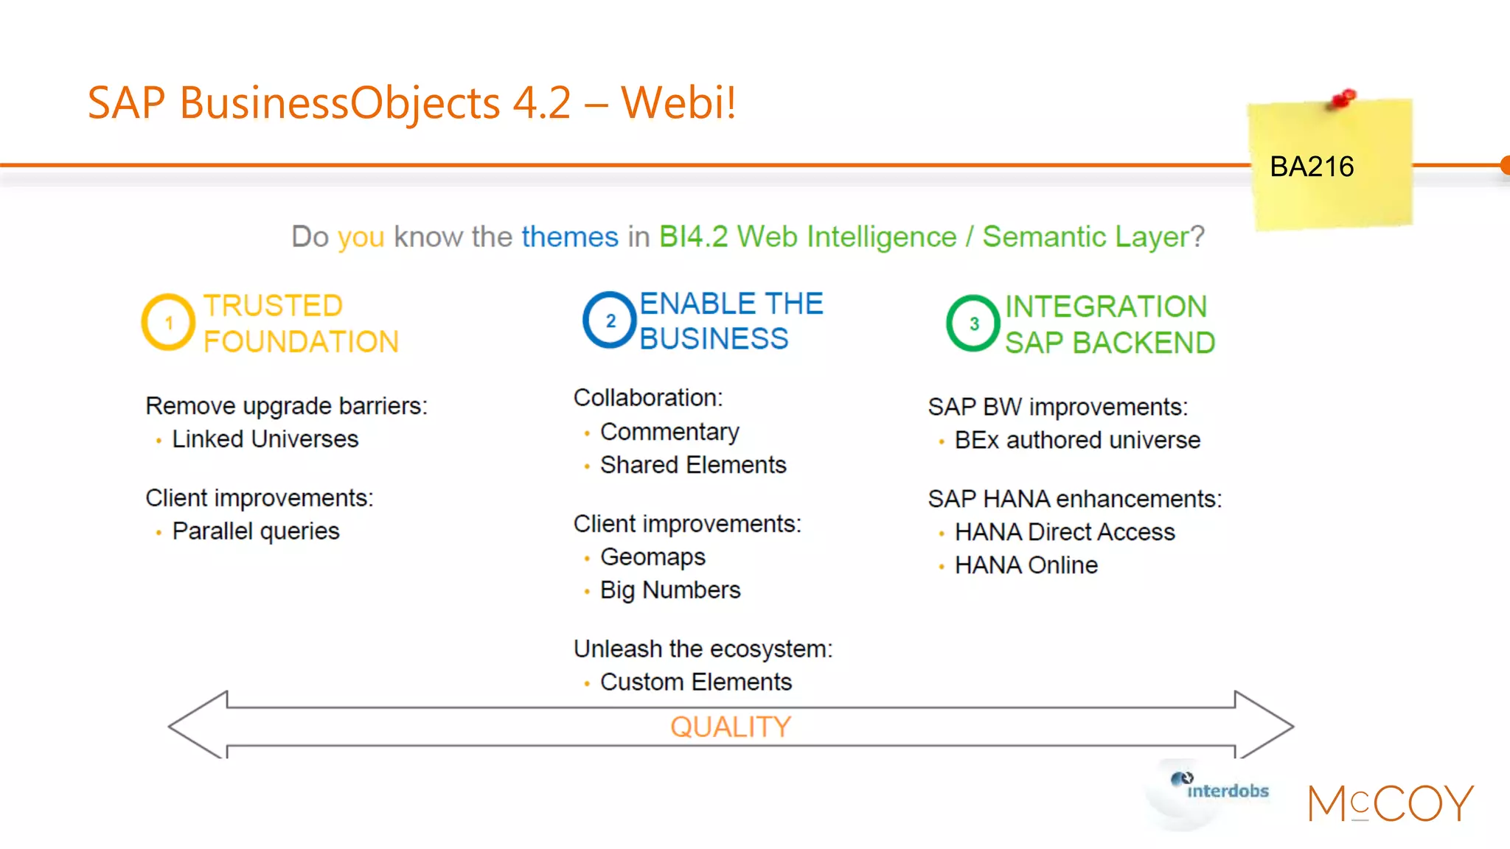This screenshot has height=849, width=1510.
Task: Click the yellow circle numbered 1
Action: click(x=168, y=322)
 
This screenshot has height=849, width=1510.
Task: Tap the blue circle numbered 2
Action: click(x=610, y=321)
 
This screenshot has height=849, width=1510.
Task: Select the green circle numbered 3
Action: click(x=973, y=324)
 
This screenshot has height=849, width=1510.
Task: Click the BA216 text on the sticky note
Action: click(x=1312, y=167)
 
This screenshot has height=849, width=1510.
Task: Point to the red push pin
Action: click(x=1343, y=99)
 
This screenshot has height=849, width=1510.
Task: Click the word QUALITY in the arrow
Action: click(x=731, y=727)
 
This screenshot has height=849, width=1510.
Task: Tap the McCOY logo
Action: click(x=1390, y=803)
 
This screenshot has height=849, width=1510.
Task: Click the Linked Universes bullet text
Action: click(x=265, y=439)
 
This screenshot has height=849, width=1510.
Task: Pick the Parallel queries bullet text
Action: click(x=255, y=531)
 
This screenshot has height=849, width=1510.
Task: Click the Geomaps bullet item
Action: click(x=653, y=557)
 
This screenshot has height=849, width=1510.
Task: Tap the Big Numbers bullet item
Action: click(x=669, y=590)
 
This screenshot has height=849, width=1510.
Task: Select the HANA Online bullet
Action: click(x=1026, y=565)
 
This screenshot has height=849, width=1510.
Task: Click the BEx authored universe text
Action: click(x=1077, y=440)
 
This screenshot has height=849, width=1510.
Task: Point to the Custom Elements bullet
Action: click(x=695, y=682)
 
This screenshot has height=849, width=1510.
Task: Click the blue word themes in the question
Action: click(x=569, y=237)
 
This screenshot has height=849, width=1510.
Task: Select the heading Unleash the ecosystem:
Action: click(x=703, y=649)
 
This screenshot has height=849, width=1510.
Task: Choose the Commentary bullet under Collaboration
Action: click(x=669, y=432)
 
